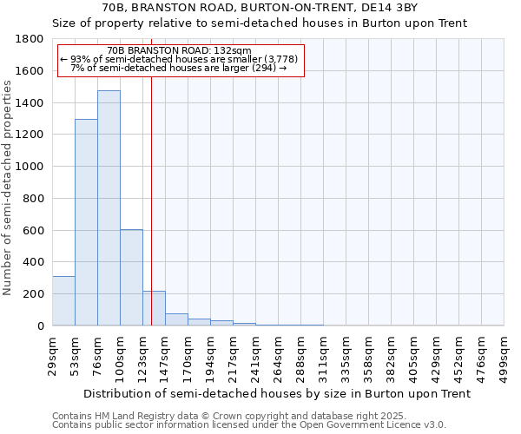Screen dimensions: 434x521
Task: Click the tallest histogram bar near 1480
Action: coord(109,208)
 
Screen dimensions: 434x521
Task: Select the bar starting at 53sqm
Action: coord(86,222)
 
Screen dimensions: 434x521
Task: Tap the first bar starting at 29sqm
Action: coord(63,300)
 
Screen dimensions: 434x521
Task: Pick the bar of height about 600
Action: coord(131,277)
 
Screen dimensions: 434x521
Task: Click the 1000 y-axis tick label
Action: coord(33,167)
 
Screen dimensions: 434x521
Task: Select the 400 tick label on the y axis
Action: coord(36,262)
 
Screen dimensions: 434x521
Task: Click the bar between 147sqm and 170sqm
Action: coord(176,319)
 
